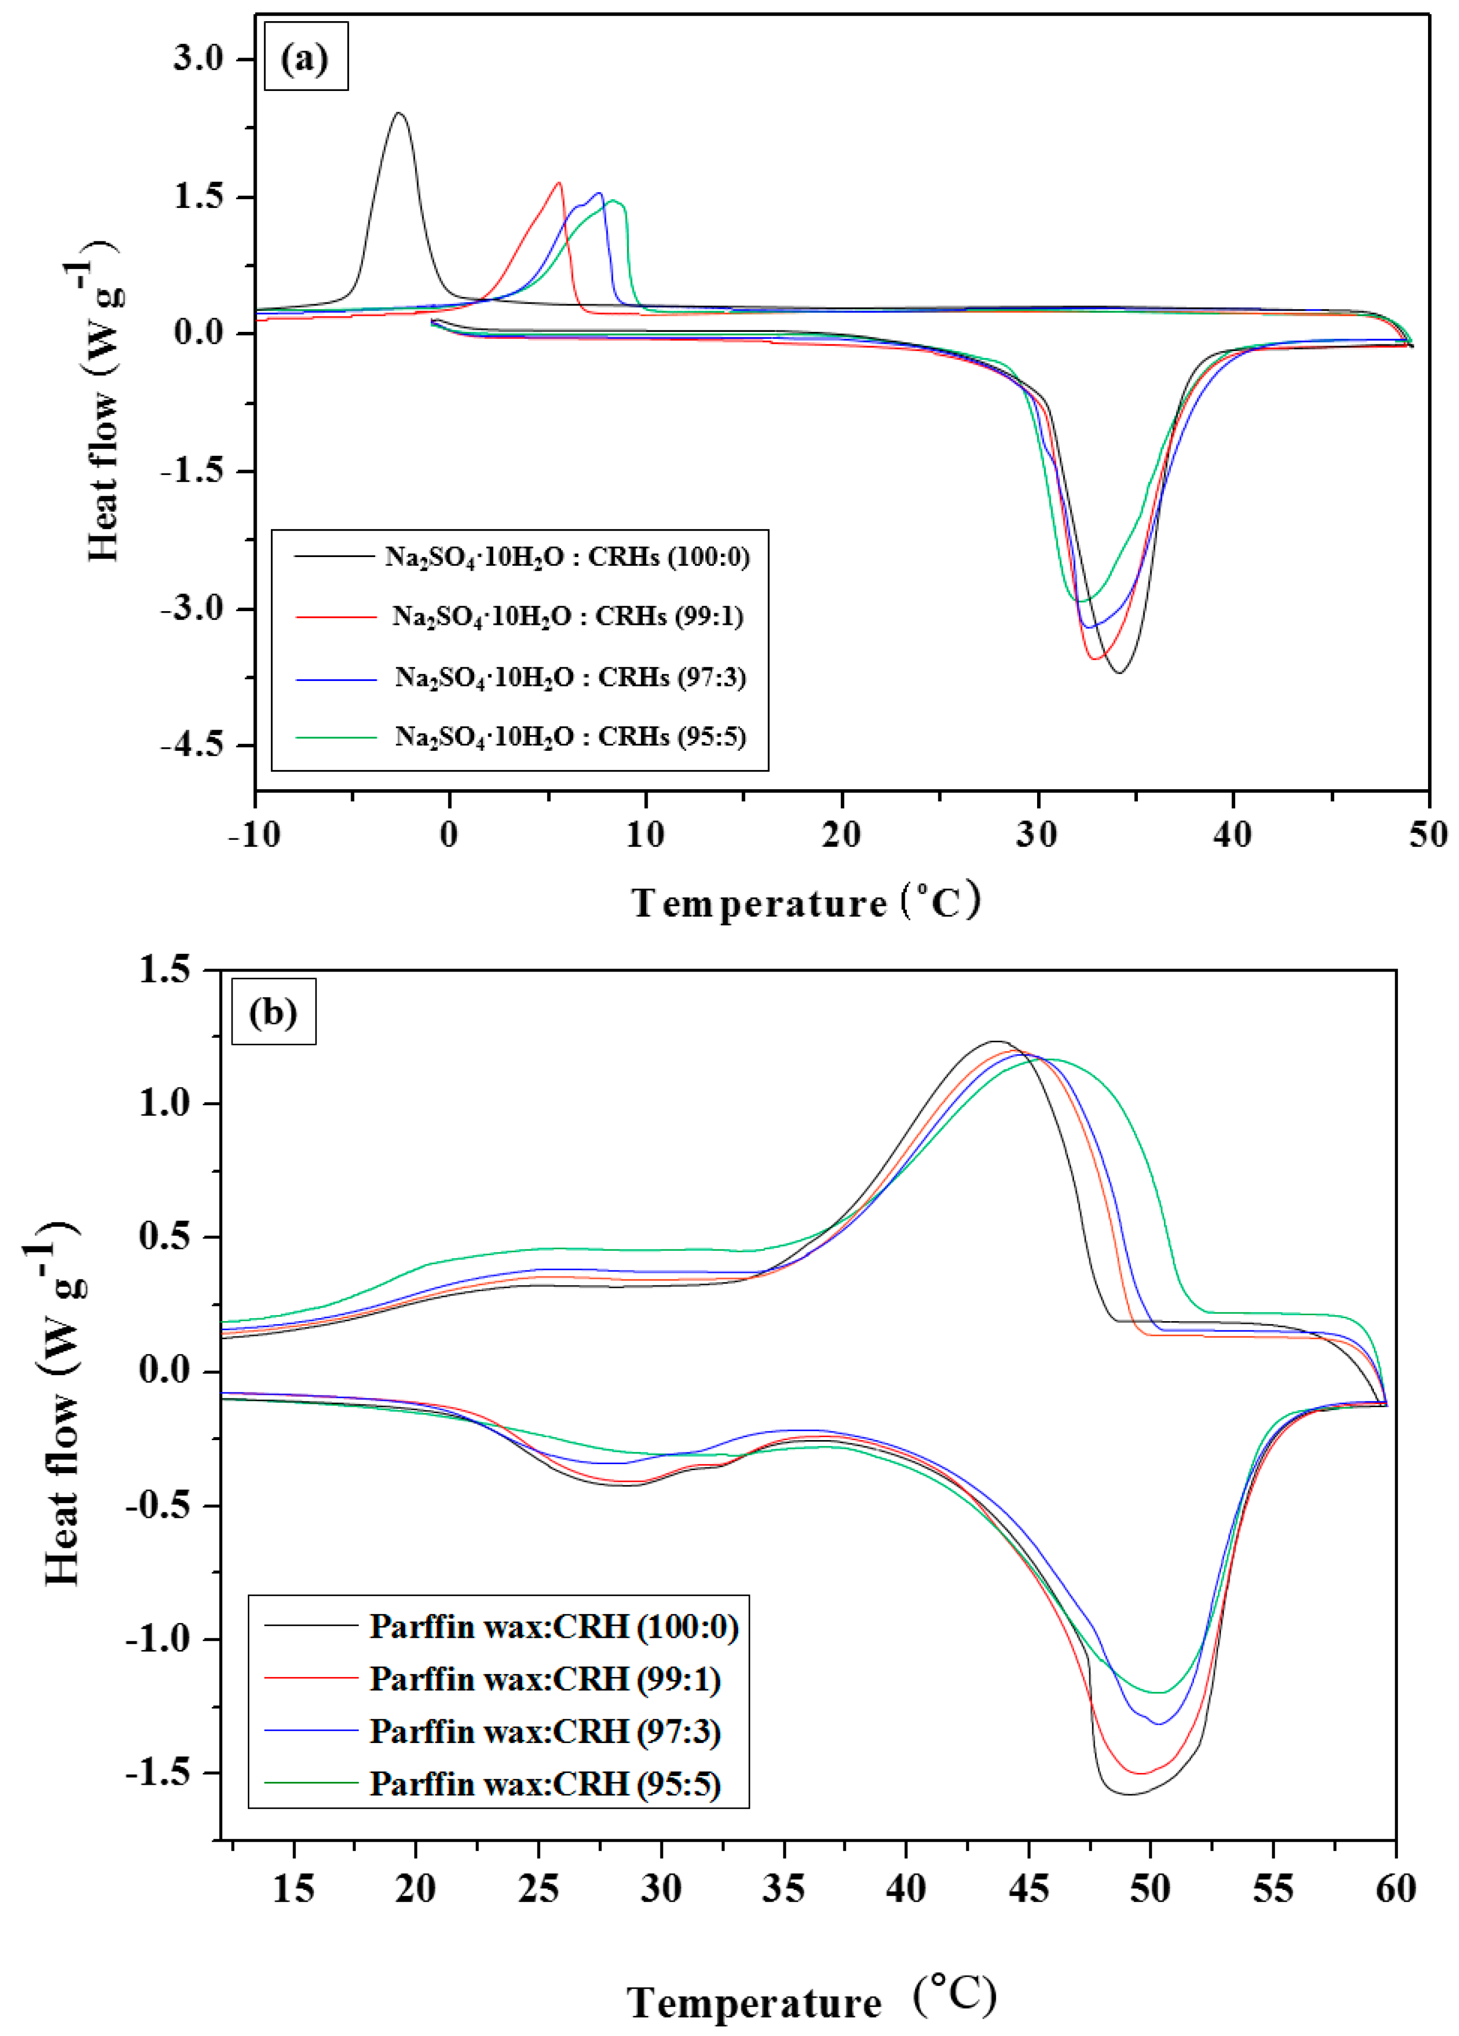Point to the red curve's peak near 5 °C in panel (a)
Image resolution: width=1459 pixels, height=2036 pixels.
tap(559, 183)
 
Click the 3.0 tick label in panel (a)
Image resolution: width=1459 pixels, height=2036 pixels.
tap(199, 59)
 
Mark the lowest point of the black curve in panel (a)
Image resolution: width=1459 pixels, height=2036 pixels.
tap(1119, 673)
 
